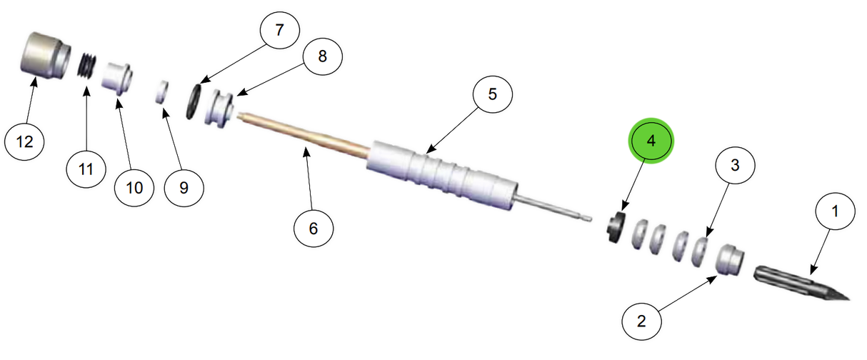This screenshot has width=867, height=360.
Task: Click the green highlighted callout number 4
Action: (x=650, y=141)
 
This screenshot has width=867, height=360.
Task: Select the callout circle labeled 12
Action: (x=24, y=141)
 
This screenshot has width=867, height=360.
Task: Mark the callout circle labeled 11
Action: (x=86, y=169)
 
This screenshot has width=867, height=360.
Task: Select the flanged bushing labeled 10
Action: (x=116, y=76)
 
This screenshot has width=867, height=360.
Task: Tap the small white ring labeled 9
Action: (x=162, y=92)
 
